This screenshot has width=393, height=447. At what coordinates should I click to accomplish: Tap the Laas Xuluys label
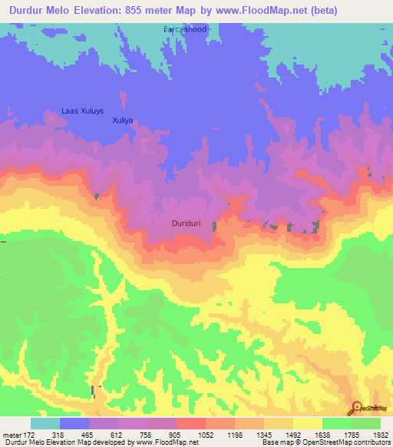(82, 111)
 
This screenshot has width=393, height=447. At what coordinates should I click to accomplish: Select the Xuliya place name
(123, 121)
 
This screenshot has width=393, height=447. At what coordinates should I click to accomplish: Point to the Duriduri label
(187, 223)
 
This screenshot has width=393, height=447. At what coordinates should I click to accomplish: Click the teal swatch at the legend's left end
(45, 423)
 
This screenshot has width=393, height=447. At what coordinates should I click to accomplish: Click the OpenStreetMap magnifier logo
(357, 407)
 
